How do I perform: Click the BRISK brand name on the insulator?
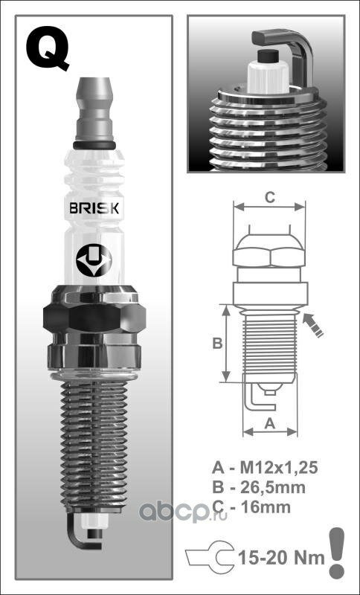click(x=94, y=208)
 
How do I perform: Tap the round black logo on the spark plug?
click(x=94, y=260)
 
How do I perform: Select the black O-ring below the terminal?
click(x=94, y=145)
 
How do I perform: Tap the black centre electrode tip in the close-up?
click(x=267, y=56)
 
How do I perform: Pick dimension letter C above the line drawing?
click(x=269, y=197)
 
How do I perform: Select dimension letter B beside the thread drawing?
click(x=217, y=343)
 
